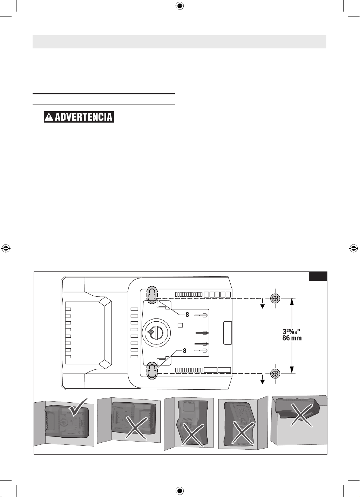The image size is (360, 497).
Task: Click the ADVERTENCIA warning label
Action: pos(79,117)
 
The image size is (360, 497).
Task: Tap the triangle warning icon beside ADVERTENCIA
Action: pos(49,117)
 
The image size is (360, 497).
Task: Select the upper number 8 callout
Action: pos(187,314)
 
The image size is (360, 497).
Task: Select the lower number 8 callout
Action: pos(184,350)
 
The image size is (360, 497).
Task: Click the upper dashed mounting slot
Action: pos(152,295)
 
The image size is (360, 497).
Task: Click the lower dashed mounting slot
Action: pos(152,370)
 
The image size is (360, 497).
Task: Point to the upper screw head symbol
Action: pos(275,298)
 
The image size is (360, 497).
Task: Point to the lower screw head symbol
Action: pos(275,374)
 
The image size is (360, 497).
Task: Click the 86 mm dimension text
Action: pos(292,338)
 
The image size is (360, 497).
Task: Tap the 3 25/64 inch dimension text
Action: pos(291,331)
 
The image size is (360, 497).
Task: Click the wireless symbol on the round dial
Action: pos(150,333)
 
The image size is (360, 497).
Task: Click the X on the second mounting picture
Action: pos(137,428)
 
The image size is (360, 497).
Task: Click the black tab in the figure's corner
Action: pos(318,276)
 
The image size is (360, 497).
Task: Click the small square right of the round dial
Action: pos(180,325)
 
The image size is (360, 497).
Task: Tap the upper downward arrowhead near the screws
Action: pos(263,307)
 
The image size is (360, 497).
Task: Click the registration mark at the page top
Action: pos(180,6)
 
